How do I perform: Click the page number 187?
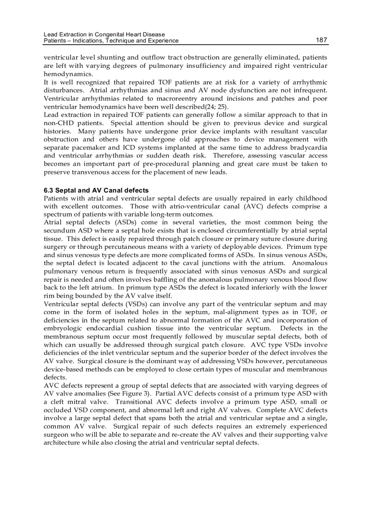click(321, 40)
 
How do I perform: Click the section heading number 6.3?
click(50, 190)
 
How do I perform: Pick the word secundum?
click(58, 230)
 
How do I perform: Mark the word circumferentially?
click(257, 230)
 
